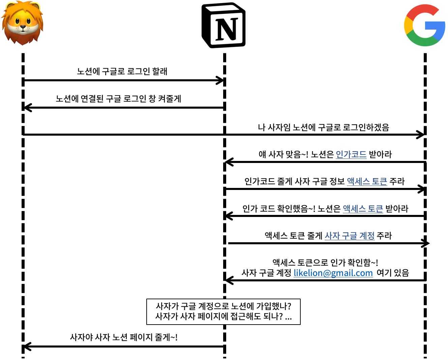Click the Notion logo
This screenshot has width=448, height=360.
click(224, 25)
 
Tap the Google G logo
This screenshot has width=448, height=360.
click(425, 25)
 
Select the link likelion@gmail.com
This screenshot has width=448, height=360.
click(333, 273)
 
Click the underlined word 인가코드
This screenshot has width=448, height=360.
click(351, 155)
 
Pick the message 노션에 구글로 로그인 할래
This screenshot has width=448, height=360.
click(122, 71)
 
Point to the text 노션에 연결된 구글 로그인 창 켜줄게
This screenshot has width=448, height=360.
click(118, 99)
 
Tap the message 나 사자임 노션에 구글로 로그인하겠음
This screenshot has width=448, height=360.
click(324, 127)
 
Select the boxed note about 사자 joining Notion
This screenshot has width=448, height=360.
click(223, 312)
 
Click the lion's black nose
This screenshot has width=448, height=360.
click(23, 27)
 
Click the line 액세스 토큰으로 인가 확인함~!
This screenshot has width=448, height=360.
click(325, 262)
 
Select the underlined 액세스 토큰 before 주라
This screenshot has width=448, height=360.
click(367, 182)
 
